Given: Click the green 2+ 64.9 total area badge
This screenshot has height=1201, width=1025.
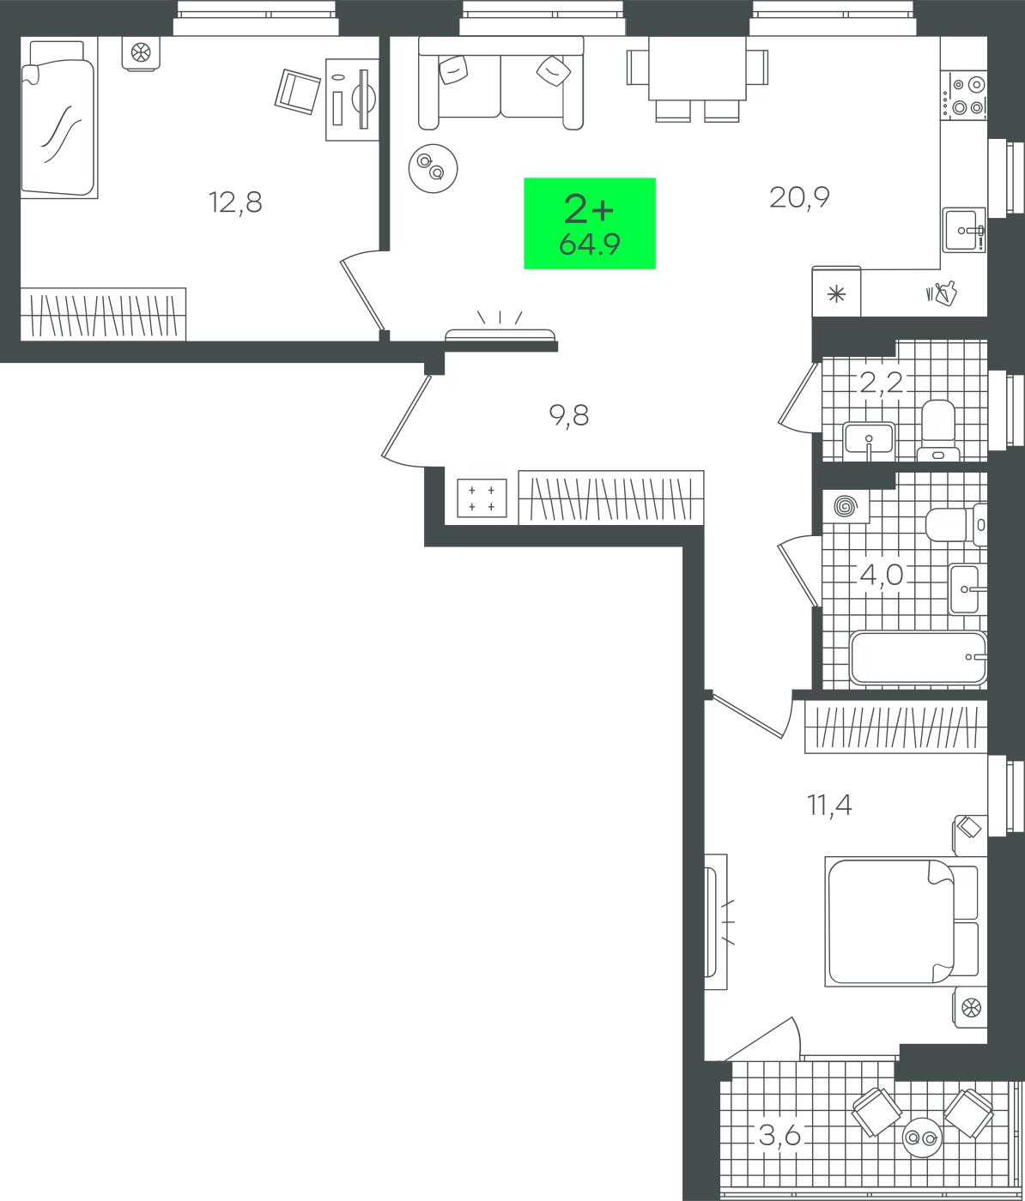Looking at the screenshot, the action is coord(590,224).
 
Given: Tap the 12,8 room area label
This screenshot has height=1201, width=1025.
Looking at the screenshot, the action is coord(235,202).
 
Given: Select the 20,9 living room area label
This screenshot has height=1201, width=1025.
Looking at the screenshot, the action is coord(799,197).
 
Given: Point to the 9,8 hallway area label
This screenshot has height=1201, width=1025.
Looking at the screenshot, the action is coord(569,415).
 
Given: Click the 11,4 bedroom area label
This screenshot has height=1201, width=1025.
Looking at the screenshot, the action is coord(829,806).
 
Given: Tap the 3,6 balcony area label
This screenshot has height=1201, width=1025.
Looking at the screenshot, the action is coord(780,1135).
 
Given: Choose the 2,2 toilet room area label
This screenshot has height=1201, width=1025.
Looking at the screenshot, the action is coord(882,383).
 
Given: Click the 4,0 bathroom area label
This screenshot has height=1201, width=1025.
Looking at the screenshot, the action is coord(882,576).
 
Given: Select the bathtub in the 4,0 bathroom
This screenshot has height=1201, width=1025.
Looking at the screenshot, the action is coord(918,657).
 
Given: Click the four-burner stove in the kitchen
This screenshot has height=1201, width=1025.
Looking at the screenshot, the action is coord(968,96).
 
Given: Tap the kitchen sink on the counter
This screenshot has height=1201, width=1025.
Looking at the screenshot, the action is coord(964,230).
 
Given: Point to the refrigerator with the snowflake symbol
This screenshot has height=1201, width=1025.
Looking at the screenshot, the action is coord(836,293).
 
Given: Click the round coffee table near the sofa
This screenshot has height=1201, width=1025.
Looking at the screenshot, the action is coord(434,168).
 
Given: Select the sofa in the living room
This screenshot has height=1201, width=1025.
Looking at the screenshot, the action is coord(500,83).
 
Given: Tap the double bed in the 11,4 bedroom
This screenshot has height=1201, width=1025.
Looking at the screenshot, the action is coord(906,921).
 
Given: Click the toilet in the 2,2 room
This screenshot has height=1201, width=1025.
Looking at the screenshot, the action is coord(938,430).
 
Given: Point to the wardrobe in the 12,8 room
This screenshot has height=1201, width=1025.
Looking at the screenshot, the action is coord(104,314).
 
